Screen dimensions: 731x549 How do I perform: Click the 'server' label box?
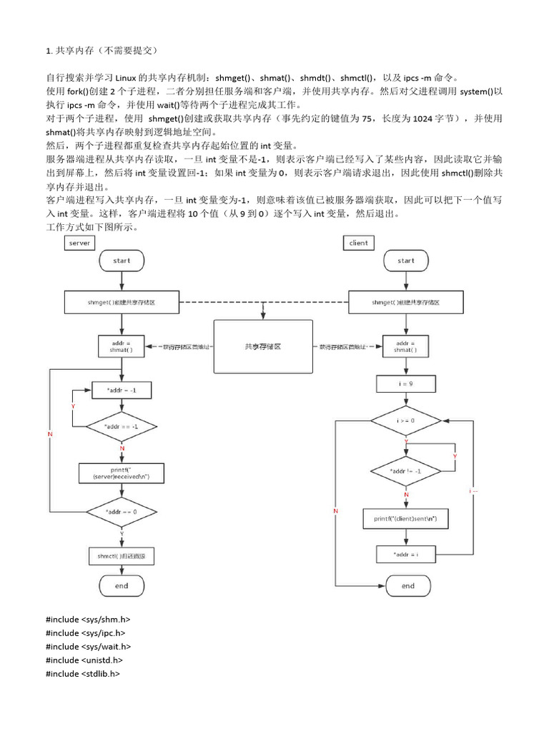tap(79, 243)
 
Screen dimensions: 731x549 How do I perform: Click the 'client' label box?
tap(358, 243)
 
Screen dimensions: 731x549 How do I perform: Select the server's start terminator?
tap(122, 261)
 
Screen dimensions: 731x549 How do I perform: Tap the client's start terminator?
tap(406, 261)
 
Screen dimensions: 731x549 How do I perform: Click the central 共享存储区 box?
tap(263, 346)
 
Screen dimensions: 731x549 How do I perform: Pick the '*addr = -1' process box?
tap(122, 390)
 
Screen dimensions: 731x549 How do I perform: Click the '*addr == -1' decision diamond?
tap(122, 426)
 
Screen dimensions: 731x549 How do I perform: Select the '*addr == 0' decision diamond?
tap(122, 512)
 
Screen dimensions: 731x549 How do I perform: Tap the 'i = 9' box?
tap(406, 384)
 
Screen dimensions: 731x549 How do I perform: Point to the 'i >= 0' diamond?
tap(406, 420)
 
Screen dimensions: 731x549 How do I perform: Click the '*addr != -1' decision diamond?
tap(406, 471)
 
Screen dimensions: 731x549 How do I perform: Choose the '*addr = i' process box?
tap(406, 554)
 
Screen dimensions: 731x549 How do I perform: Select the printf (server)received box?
tap(122, 472)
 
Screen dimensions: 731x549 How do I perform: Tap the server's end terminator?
tap(122, 585)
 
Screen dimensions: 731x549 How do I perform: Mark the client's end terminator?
tap(406, 585)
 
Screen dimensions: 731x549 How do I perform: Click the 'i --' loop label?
tap(474, 491)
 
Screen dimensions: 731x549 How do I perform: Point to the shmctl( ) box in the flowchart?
tap(122, 555)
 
